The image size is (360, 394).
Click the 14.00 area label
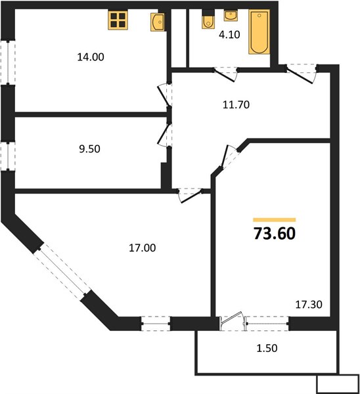(91, 57)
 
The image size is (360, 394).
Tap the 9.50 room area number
(89, 149)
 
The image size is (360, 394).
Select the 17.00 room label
(143, 248)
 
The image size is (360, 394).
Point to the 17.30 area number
(309, 305)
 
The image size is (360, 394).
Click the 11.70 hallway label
(236, 105)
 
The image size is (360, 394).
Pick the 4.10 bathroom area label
(229, 35)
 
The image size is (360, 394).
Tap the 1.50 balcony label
(267, 348)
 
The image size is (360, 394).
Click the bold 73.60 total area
(275, 233)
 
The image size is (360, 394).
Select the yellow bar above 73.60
(275, 220)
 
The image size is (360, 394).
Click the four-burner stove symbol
(118, 20)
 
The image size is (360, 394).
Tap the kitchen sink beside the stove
(158, 22)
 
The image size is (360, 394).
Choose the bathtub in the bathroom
(259, 32)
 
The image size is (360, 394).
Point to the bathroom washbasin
(231, 15)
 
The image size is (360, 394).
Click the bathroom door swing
(225, 74)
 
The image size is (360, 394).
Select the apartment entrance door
(300, 74)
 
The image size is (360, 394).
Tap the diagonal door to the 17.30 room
(229, 158)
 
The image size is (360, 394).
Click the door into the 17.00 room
(191, 195)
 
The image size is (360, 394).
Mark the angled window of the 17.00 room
(62, 271)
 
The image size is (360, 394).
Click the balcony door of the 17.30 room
(233, 321)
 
